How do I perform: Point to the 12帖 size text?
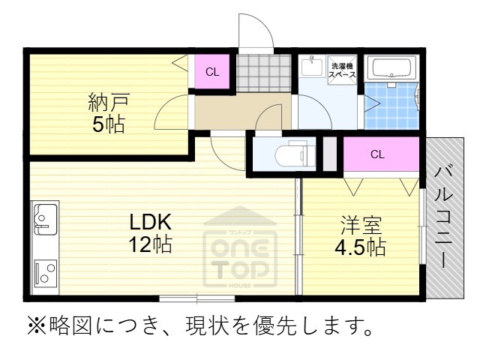tap(151, 244)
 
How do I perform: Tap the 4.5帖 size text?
tap(361, 247)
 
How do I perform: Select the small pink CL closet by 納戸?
tap(212, 73)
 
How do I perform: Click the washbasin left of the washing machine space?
tap(310, 67)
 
